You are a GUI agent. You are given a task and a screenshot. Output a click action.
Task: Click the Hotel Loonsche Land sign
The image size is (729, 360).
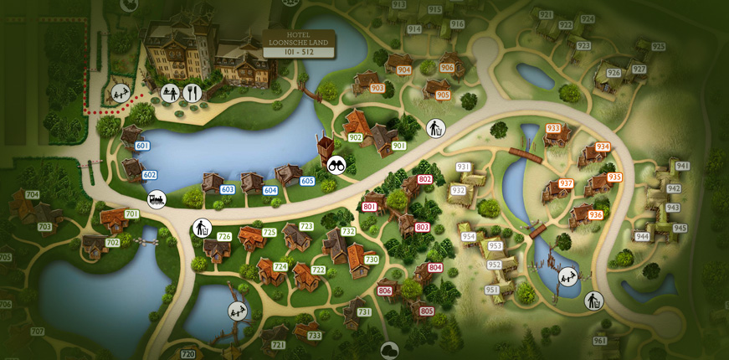point(299,44)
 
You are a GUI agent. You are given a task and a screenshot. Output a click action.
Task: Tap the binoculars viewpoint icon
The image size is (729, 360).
point(336,164)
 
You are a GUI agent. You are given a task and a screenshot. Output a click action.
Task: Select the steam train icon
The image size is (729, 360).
point(157,199)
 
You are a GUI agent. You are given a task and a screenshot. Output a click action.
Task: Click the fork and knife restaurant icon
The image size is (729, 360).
point(193,93)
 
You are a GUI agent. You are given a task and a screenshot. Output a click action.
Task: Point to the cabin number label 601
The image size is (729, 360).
point(142,146)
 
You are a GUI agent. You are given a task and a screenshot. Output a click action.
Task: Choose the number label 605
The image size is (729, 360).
point(307,181)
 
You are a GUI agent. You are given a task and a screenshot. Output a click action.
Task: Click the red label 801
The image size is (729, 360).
point(370,206)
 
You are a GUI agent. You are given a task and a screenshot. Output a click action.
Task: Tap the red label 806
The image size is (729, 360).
point(385,291)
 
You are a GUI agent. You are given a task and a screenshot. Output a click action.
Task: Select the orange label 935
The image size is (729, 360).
point(615,177)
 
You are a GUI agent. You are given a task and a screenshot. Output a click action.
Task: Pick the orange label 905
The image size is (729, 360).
point(443,95)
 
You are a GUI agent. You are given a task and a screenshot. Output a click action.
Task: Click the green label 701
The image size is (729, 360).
point(131,214)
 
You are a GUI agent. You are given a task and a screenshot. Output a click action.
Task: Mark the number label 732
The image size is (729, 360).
point(348,232)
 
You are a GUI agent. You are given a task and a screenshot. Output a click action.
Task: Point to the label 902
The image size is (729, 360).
point(355,137)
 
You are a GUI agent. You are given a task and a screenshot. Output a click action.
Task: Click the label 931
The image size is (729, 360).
point(463,167)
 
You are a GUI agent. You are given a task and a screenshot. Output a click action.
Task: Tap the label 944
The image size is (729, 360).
point(642,236)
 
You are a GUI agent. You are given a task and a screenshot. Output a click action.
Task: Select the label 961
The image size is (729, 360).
point(599,341)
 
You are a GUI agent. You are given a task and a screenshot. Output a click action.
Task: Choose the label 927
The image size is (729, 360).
point(639,69)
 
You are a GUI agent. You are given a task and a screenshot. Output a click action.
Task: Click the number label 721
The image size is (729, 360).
point(279,345)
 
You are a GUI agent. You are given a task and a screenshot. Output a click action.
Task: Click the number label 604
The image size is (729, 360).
point(270,190)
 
